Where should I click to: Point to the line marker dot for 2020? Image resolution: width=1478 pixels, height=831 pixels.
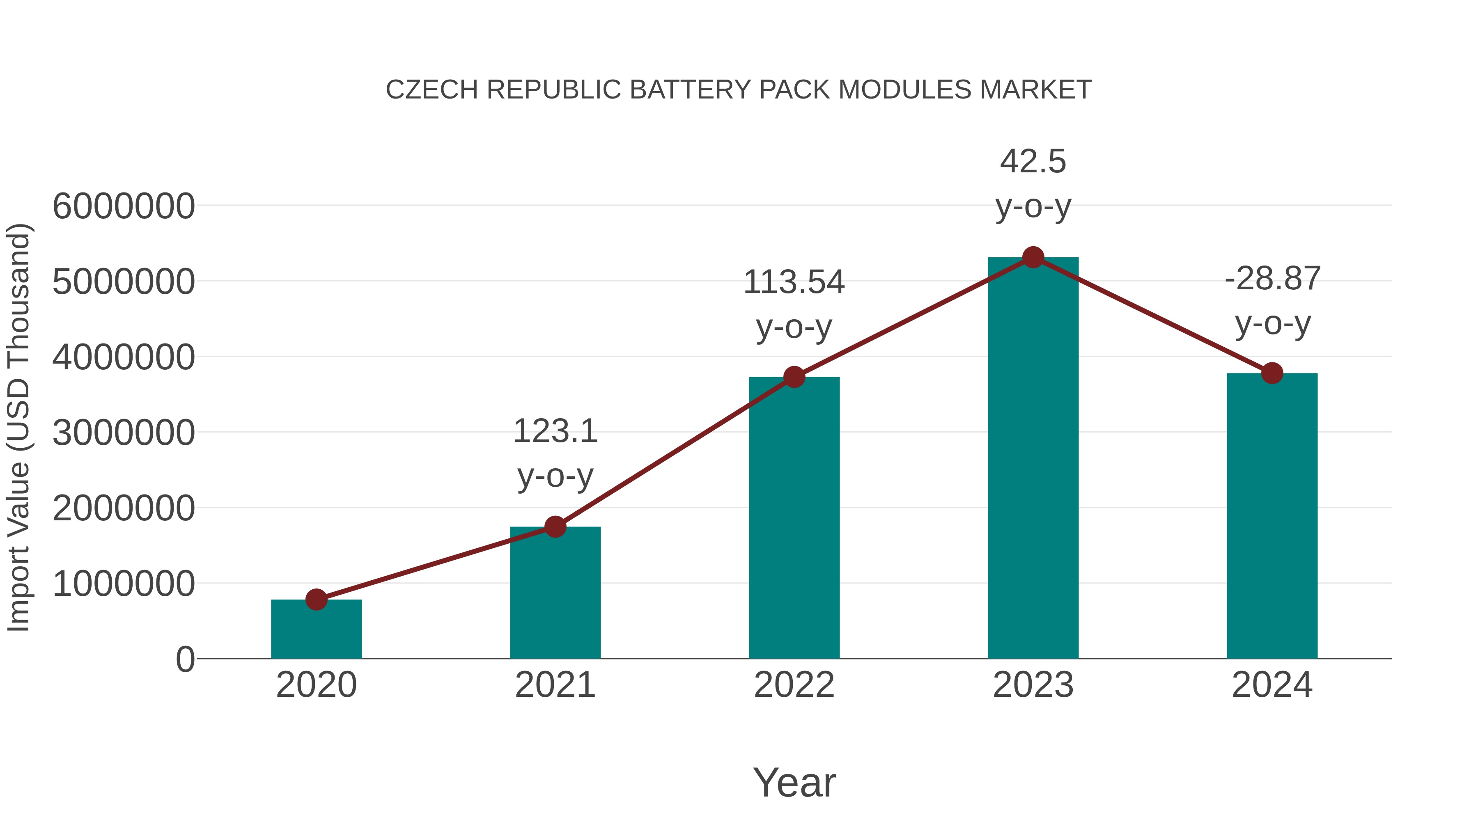pyautogui.click(x=316, y=599)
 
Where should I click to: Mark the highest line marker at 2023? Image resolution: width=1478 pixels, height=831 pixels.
pyautogui.click(x=1033, y=257)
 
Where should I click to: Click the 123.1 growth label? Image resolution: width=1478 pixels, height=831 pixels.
pyautogui.click(x=555, y=431)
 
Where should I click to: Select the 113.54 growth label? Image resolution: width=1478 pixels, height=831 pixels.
pyautogui.click(x=794, y=282)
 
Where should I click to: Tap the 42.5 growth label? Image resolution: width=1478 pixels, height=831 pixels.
pyautogui.click(x=1033, y=161)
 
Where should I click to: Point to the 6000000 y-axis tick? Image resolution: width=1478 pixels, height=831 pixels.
pyautogui.click(x=123, y=206)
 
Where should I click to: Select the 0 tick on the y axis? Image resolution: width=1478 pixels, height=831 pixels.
pyautogui.click(x=185, y=659)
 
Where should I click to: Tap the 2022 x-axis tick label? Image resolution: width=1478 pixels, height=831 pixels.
pyautogui.click(x=794, y=685)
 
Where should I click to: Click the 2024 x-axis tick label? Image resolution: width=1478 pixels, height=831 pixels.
pyautogui.click(x=1272, y=685)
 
